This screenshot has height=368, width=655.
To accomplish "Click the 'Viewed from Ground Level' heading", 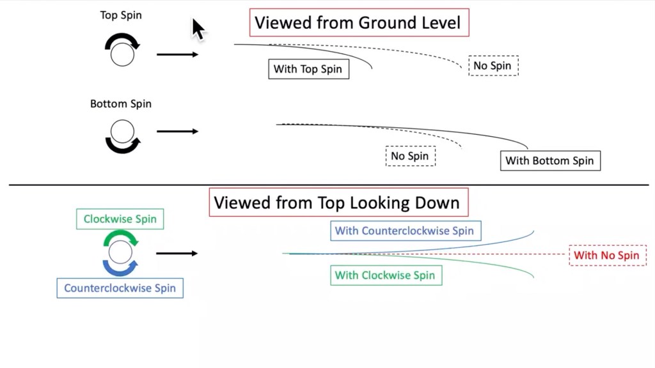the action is (359, 22).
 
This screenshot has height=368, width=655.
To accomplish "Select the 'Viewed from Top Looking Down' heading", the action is (338, 203).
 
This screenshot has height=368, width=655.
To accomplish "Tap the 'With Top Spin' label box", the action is (309, 69).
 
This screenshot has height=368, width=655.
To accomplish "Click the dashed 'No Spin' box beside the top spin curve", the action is (493, 66).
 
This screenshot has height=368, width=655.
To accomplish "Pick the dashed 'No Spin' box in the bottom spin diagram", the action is (410, 156).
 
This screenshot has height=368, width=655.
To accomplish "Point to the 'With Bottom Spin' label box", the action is (550, 160).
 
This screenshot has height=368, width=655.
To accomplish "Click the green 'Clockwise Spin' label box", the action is (120, 219).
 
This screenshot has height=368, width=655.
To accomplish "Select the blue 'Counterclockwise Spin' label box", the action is (120, 288).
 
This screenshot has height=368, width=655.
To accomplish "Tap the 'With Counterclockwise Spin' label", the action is (406, 231).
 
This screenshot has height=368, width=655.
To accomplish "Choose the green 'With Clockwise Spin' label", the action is (386, 275).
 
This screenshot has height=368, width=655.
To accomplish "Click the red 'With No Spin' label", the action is (608, 256).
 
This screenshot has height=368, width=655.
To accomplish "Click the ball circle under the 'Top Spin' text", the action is (122, 55).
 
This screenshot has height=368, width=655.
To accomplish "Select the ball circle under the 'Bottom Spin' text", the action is (122, 132).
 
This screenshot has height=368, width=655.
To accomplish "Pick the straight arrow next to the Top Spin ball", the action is (178, 54).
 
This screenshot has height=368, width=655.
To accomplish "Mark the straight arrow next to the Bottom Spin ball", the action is (178, 132).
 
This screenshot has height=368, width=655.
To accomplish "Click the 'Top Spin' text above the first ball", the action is (121, 15).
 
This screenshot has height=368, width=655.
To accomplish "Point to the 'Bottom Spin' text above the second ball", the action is (121, 104).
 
